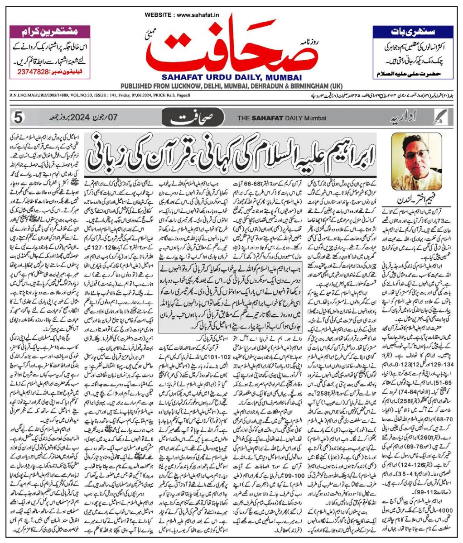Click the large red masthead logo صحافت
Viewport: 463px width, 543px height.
[231, 45]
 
